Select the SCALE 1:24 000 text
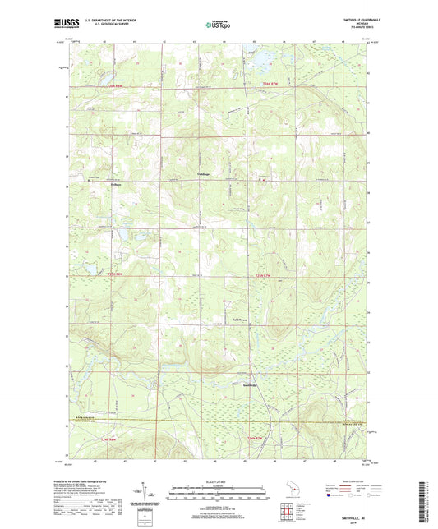[x=218, y=481]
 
